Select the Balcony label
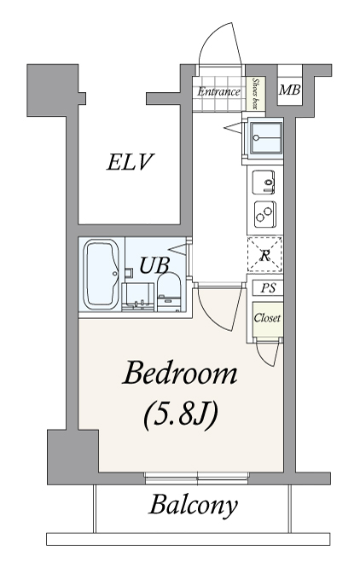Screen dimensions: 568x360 (193, 505)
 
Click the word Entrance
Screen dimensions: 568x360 (218, 91)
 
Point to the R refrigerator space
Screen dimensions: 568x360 (264, 253)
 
